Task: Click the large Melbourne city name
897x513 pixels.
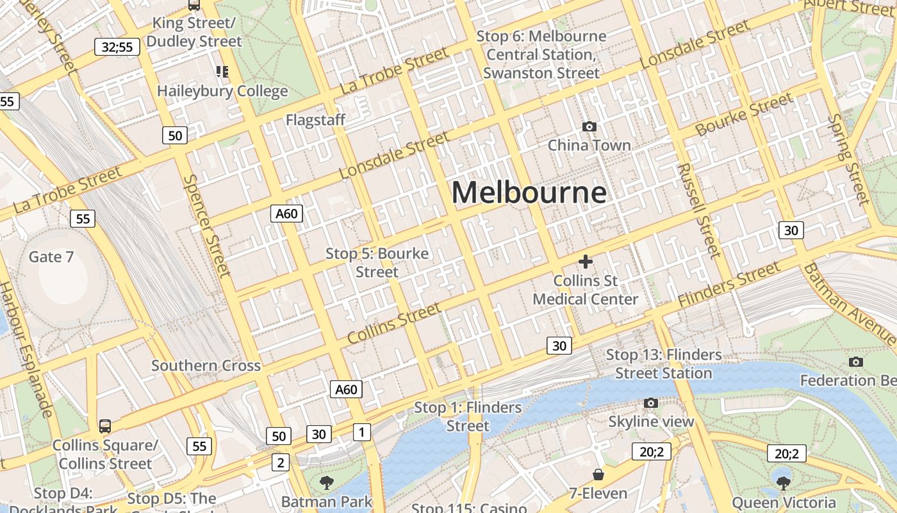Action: click(529, 192)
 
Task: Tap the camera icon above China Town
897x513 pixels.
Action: click(589, 127)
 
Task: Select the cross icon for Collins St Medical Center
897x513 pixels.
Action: click(585, 262)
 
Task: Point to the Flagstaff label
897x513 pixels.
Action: click(315, 120)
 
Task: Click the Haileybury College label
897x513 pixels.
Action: click(222, 91)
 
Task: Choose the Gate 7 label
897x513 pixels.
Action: click(51, 257)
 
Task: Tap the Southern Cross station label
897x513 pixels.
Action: click(206, 366)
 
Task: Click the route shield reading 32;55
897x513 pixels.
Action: click(117, 47)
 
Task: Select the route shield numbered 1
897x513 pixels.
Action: click(361, 432)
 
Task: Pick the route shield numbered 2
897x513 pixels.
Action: click(280, 462)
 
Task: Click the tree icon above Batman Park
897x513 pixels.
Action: click(327, 483)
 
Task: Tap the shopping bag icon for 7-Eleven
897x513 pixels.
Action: click(598, 475)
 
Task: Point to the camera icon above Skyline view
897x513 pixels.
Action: click(651, 403)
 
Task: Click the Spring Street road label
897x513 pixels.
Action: click(847, 159)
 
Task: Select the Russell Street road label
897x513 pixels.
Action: click(699, 210)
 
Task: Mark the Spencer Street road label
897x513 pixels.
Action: click(206, 225)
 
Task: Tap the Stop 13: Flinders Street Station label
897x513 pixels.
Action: click(664, 364)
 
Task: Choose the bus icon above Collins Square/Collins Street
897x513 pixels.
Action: click(104, 426)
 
